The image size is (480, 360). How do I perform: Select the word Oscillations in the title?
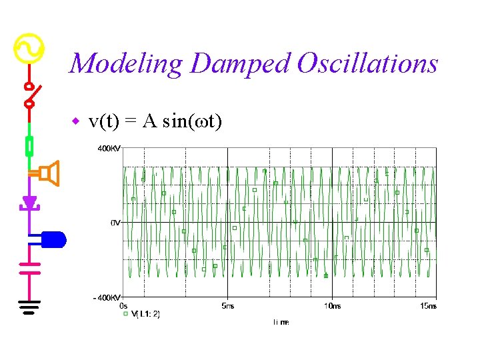[367, 64]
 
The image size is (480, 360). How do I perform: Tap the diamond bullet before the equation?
[76, 121]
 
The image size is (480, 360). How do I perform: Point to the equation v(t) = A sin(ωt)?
[155, 121]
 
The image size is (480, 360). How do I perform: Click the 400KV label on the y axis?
[109, 149]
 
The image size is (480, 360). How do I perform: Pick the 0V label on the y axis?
[115, 223]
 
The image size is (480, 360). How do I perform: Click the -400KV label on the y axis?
[107, 297]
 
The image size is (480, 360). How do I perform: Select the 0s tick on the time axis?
[123, 305]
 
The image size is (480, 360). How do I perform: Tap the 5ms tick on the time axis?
[227, 305]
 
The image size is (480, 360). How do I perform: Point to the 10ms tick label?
[331, 305]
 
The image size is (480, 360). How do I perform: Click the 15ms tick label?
[427, 305]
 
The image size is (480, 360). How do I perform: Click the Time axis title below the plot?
[281, 322]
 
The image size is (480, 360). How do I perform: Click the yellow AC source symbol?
[29, 48]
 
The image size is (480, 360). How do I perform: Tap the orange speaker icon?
[49, 173]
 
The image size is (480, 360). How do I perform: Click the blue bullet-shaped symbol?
[53, 238]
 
